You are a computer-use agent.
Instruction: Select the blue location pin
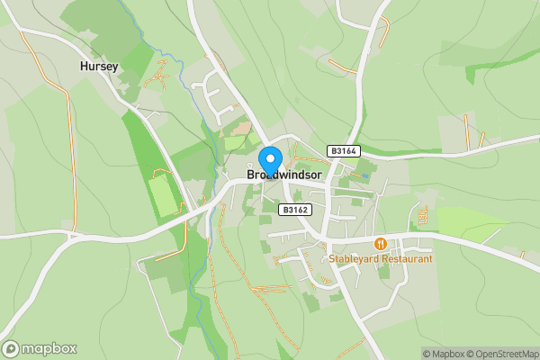(x=269, y=160)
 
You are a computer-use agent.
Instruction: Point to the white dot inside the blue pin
(x=269, y=157)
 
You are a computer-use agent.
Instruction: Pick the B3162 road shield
(x=294, y=210)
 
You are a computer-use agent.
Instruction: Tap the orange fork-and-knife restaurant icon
(x=381, y=243)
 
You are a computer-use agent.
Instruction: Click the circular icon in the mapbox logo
(x=12, y=348)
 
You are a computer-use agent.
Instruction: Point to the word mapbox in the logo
(x=49, y=348)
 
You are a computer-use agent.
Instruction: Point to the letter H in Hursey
(x=84, y=66)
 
